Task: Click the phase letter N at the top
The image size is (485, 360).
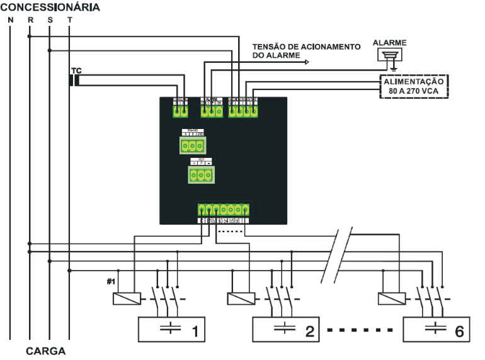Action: [x=10, y=20]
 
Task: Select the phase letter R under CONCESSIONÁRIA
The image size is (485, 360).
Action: [x=30, y=20]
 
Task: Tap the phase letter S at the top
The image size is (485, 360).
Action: [x=50, y=20]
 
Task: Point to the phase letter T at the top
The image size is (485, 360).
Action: [x=69, y=20]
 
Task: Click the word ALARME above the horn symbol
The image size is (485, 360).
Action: [x=390, y=43]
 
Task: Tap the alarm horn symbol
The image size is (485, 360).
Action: [x=390, y=56]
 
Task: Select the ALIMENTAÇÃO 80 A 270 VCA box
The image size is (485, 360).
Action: [x=413, y=86]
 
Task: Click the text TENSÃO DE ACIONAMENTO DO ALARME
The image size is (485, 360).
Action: [x=305, y=51]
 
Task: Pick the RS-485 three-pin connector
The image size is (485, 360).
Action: [x=192, y=145]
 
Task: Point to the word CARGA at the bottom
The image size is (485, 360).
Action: [x=46, y=350]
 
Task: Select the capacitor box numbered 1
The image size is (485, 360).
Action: [x=172, y=329]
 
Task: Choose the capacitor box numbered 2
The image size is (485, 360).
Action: [x=286, y=329]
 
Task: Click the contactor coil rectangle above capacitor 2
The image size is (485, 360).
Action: [x=240, y=298]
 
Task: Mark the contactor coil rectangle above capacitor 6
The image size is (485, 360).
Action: [x=390, y=298]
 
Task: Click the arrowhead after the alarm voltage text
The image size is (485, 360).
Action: [x=307, y=62]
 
